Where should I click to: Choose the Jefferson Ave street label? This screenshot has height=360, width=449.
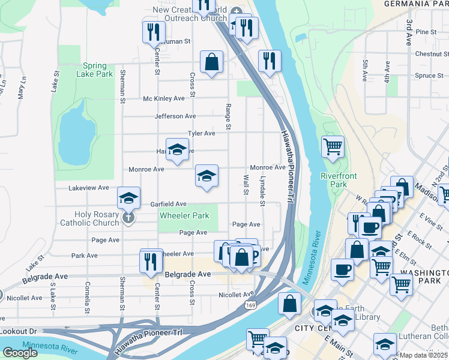pyautogui.click(x=175, y=116)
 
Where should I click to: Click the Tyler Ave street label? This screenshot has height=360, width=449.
pyautogui.click(x=201, y=133)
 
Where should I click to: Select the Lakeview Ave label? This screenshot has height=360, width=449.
pyautogui.click(x=89, y=188)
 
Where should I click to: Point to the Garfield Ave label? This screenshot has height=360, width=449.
pyautogui.click(x=168, y=204)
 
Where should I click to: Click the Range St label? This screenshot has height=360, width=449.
pyautogui.click(x=228, y=116)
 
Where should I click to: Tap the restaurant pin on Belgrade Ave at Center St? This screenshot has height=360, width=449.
pyautogui.click(x=151, y=260)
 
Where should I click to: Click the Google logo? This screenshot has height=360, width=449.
pyautogui.click(x=20, y=353)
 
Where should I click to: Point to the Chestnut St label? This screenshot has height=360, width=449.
pyautogui.click(x=428, y=54)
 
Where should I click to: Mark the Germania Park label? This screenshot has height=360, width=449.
pyautogui.click(x=420, y=4)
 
